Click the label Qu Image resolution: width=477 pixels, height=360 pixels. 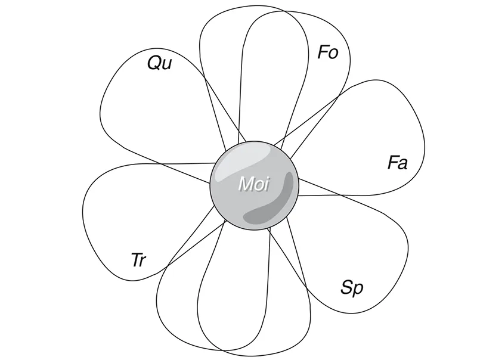coord(159,63)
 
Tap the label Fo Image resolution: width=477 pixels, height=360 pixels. coord(328,53)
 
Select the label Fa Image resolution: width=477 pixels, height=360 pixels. coord(397,163)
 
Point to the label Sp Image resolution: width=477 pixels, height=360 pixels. coord(352,288)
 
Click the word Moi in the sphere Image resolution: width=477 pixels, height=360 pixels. coord(254,184)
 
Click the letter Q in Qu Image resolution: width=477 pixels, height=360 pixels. coord(154,63)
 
